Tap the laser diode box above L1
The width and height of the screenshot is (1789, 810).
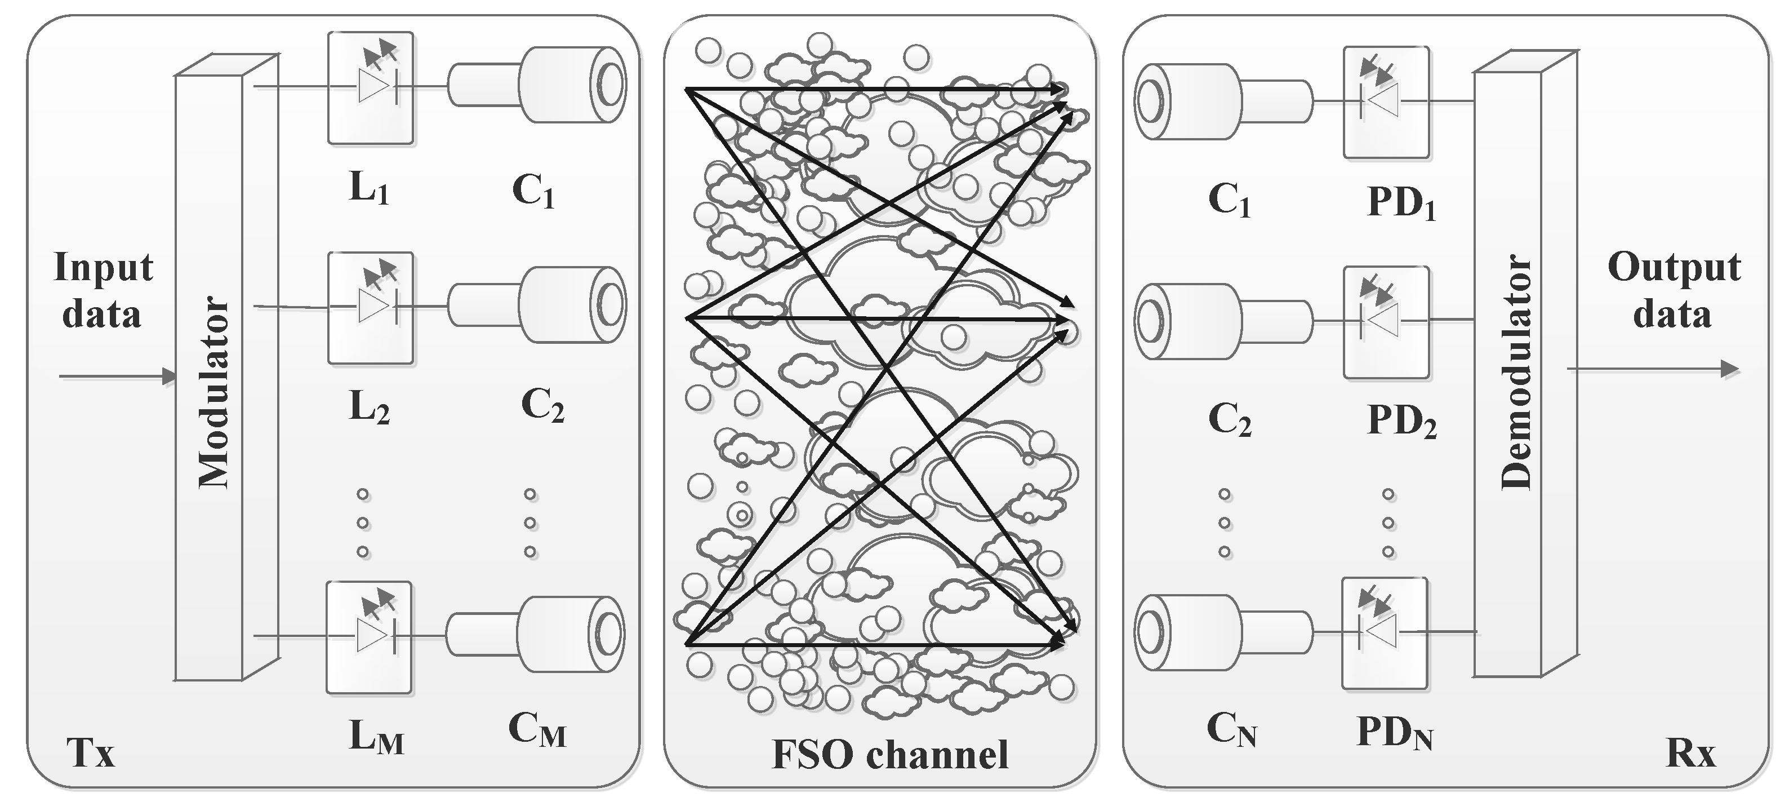[x=371, y=88]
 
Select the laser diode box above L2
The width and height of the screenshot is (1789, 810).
[x=371, y=308]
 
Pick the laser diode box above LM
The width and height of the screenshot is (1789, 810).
[x=370, y=637]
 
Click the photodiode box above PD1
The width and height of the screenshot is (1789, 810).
[x=1386, y=102]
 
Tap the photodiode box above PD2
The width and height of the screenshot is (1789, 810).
[x=1386, y=322]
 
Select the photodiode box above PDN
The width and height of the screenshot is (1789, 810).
[x=1384, y=633]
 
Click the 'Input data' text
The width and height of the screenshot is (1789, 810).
[x=103, y=290]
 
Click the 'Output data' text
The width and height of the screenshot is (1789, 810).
[x=1674, y=290]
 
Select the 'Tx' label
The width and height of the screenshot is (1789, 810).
[x=90, y=753]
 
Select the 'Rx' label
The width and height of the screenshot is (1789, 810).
[x=1690, y=753]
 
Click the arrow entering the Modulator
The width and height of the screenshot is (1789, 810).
[x=118, y=377]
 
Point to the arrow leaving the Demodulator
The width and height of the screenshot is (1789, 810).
[x=1653, y=369]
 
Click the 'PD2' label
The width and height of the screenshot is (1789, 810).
[x=1401, y=421]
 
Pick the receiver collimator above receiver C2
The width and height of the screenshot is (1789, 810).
[x=1222, y=321]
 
